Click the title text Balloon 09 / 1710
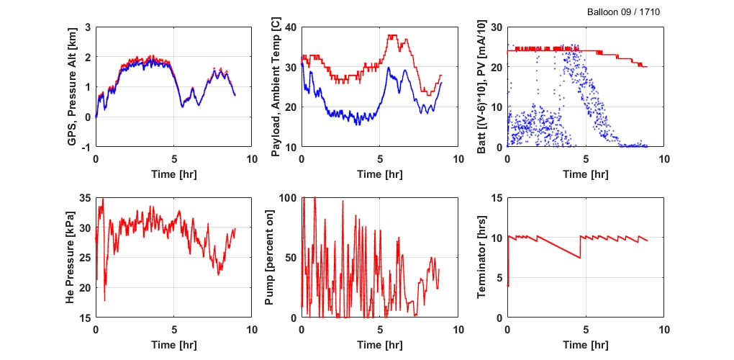pyautogui.click(x=623, y=12)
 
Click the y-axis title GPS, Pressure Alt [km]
pyautogui.click(x=72, y=86)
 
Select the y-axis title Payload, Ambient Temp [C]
pyautogui.click(x=277, y=86)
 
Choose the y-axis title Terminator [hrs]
pyautogui.click(x=482, y=257)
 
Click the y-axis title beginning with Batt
pyautogui.click(x=482, y=86)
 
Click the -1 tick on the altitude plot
pyautogui.click(x=86, y=147)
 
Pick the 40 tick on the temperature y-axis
pyautogui.click(x=290, y=27)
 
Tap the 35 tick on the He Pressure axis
pyautogui.click(x=84, y=197)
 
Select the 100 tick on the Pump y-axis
pyautogui.click(x=288, y=197)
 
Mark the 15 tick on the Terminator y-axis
pyautogui.click(x=497, y=197)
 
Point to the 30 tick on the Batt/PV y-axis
pyautogui.click(x=497, y=27)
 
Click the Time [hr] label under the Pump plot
pyautogui.click(x=379, y=346)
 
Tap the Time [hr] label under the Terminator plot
pyautogui.click(x=585, y=346)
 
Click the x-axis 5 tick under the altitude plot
pyautogui.click(x=173, y=158)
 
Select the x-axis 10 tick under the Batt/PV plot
pyautogui.click(x=663, y=158)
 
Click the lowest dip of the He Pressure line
pyautogui.click(x=104, y=300)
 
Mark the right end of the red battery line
pyautogui.click(x=647, y=66)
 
